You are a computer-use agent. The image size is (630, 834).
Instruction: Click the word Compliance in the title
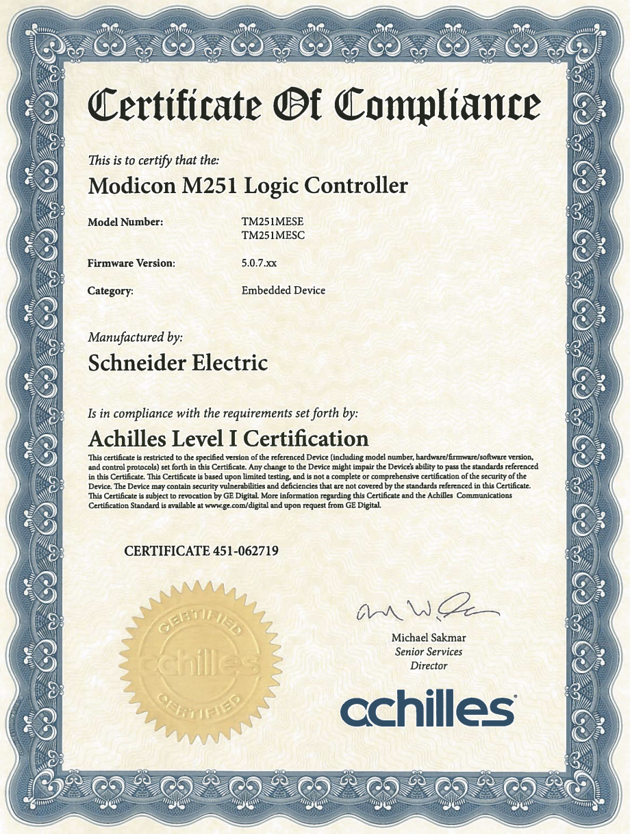click(438, 106)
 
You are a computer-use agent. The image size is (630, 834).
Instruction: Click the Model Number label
click(125, 223)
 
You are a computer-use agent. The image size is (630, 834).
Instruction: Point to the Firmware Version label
click(131, 263)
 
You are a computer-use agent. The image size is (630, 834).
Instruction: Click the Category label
click(110, 291)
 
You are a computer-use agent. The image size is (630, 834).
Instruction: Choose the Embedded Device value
click(283, 290)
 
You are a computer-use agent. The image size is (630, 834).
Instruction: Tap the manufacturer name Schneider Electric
click(178, 363)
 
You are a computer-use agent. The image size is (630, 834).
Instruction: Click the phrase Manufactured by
click(136, 338)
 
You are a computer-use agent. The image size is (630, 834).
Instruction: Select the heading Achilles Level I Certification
click(229, 438)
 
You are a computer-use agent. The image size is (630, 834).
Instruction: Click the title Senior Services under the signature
click(429, 652)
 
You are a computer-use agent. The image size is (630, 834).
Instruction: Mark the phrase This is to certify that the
click(153, 161)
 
